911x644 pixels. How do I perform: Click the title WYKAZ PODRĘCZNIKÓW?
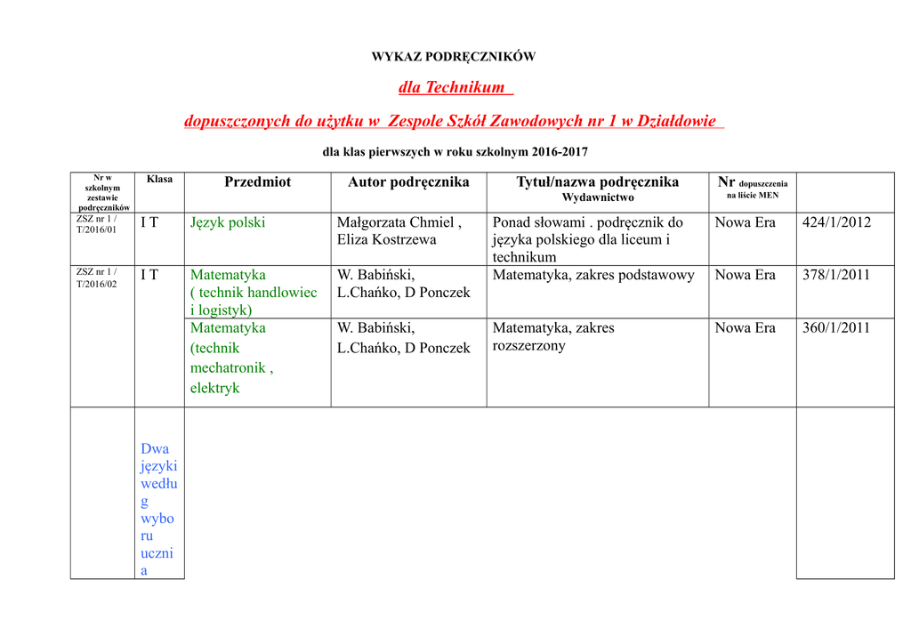[x=453, y=57]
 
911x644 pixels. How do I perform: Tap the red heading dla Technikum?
[x=452, y=87]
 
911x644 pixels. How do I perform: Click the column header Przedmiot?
[x=257, y=182]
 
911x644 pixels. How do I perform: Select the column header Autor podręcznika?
[x=408, y=182]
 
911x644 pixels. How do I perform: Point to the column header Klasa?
[x=159, y=180]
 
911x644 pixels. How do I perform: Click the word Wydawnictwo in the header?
[x=597, y=197]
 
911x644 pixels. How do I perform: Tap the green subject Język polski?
[x=228, y=222]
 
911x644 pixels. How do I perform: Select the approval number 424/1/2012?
[x=836, y=222]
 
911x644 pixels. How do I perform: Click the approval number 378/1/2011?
[x=836, y=275]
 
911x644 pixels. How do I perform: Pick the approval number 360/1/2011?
[x=836, y=327]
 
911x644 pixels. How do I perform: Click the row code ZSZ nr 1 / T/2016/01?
[x=96, y=224]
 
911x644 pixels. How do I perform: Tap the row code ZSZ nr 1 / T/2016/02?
[x=96, y=278]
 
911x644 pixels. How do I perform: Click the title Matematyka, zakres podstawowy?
[x=593, y=275]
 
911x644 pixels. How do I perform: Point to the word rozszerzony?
[x=528, y=345]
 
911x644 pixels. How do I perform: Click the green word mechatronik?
[x=229, y=367]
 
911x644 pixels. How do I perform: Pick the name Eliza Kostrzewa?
[x=386, y=240]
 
